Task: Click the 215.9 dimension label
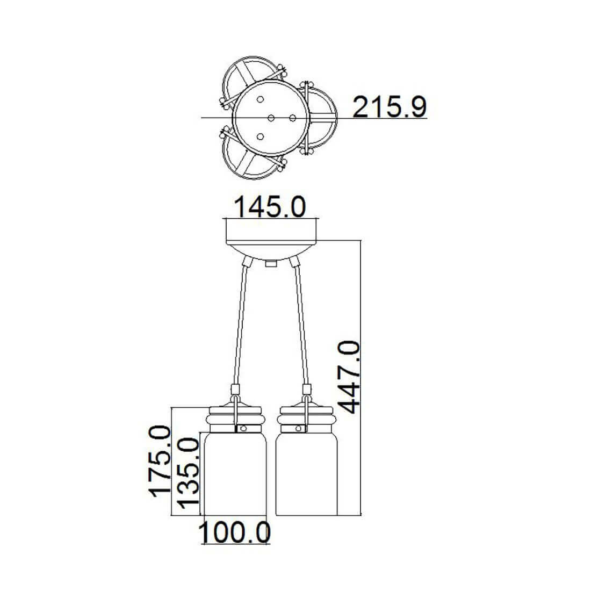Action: pyautogui.click(x=389, y=107)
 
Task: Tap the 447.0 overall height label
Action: pyautogui.click(x=348, y=377)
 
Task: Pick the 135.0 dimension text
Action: pyautogui.click(x=188, y=473)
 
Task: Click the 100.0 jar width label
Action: pyautogui.click(x=234, y=532)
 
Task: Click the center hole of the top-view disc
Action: pyautogui.click(x=271, y=118)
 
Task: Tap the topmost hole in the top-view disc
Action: pyautogui.click(x=260, y=99)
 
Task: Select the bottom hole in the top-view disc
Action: pyautogui.click(x=260, y=136)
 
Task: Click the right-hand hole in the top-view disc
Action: pyautogui.click(x=292, y=118)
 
